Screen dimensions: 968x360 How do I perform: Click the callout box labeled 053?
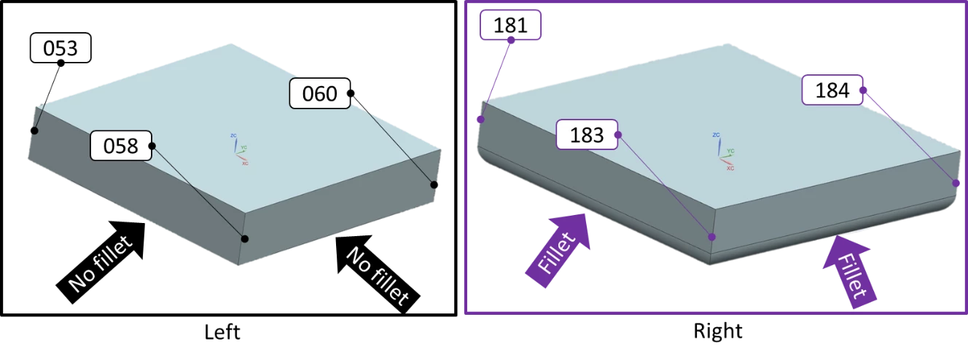tap(60, 47)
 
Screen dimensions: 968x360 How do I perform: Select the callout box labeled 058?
tap(121, 146)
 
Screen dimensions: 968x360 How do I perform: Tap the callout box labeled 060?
tap(320, 93)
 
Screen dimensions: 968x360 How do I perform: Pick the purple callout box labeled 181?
tap(510, 25)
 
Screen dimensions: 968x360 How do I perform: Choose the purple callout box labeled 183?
tap(587, 135)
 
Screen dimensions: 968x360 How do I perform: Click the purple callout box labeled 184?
tap(832, 90)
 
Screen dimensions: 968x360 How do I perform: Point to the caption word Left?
tap(222, 332)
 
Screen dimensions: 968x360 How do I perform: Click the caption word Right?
tap(718, 332)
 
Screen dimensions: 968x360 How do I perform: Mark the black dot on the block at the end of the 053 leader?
tap(34, 130)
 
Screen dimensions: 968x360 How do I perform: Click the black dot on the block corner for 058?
tap(245, 238)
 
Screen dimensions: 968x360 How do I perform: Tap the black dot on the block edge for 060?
tap(434, 184)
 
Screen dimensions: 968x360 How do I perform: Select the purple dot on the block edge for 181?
tap(481, 120)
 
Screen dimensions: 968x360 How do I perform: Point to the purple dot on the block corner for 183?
tap(711, 237)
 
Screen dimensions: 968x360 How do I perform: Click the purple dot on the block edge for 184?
tap(956, 183)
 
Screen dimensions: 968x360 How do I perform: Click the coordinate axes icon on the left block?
tap(240, 149)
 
